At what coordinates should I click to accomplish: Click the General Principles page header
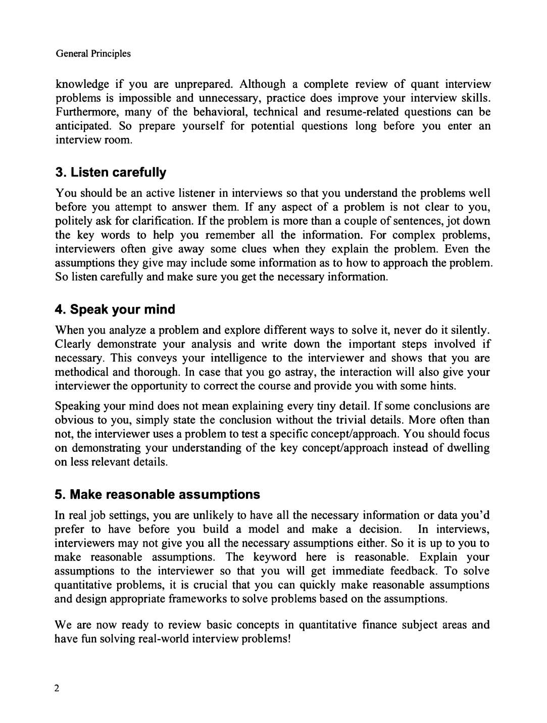tap(93, 54)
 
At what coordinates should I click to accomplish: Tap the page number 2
tap(57, 688)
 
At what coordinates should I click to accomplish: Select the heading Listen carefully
tap(111, 173)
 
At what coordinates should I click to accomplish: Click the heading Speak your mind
tap(115, 309)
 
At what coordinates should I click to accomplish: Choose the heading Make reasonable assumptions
tap(158, 494)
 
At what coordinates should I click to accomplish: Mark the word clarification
tap(161, 221)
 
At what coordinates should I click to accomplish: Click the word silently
tap(468, 330)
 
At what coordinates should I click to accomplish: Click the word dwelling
tap(468, 448)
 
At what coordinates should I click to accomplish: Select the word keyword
tap(275, 557)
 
